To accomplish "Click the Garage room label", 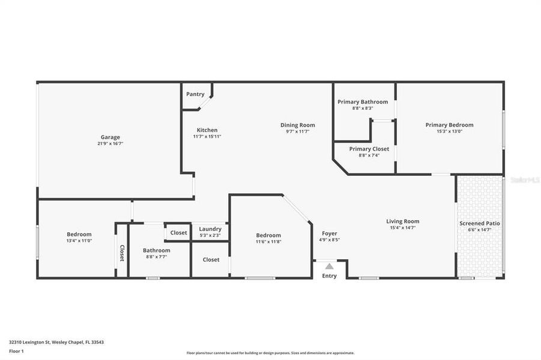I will (110, 137).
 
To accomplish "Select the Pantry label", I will (195, 94).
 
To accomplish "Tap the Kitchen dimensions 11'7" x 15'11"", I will (207, 136).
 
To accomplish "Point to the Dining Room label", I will (297, 125).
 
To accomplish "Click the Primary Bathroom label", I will (362, 102).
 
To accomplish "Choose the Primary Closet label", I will (369, 149).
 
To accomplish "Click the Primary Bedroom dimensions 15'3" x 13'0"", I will (449, 131).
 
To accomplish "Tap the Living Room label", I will (402, 221).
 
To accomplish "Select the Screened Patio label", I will (479, 223).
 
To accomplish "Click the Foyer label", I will (329, 233).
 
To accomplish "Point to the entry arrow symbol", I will (328, 266).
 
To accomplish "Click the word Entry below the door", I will (329, 276).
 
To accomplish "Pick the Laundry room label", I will (210, 229).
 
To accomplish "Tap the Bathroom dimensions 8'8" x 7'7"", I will (156, 256).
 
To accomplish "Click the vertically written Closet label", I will (122, 253).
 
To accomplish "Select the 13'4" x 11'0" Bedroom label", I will (79, 234).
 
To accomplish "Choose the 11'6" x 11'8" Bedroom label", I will (268, 235).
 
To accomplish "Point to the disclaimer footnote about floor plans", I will (270, 353).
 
